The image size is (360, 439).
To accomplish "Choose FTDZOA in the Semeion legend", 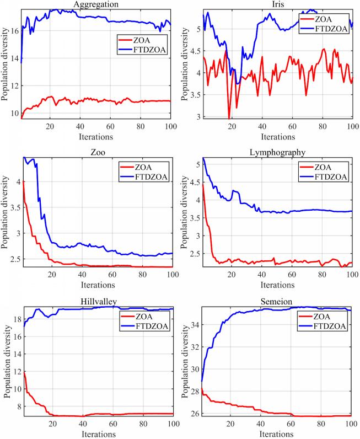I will pyautogui.click(x=334, y=326).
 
